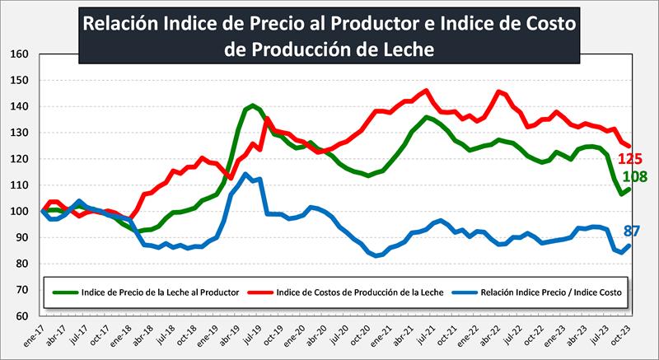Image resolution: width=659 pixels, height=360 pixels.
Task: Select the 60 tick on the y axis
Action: pyautogui.click(x=22, y=316)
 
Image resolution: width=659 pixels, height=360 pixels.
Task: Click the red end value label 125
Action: pyautogui.click(x=637, y=159)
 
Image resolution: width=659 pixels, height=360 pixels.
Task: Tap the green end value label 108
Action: pyautogui.click(x=637, y=176)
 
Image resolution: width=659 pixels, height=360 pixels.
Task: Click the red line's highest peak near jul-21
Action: pyautogui.click(x=426, y=91)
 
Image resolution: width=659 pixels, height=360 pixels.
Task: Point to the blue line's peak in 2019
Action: pyautogui.click(x=245, y=174)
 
